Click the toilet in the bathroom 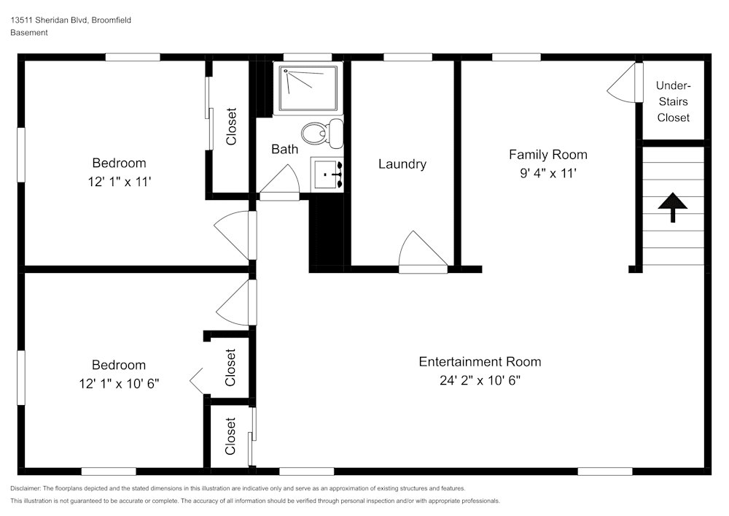[322, 132]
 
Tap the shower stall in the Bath [308, 88]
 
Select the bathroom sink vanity [327, 174]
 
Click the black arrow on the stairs [672, 207]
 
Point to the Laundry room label [402, 163]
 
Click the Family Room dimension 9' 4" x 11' [548, 173]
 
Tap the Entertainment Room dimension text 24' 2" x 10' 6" [480, 380]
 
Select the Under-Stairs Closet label [673, 101]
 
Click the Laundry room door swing [423, 251]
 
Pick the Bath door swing [279, 183]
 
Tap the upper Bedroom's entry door [235, 236]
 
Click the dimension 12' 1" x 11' [120, 182]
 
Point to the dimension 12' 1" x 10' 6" [119, 383]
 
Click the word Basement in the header [29, 33]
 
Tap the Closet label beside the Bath [231, 126]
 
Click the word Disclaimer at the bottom [26, 488]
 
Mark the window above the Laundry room [408, 57]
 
